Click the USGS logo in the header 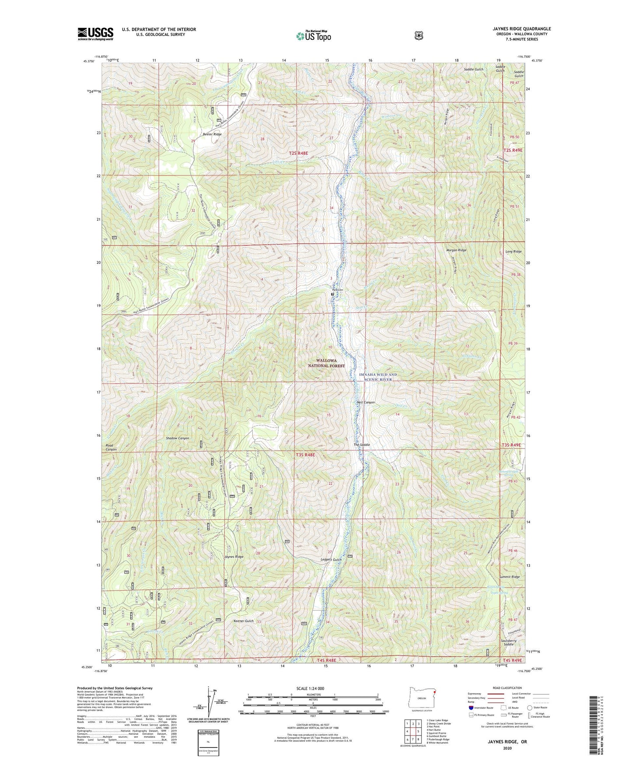[95, 34]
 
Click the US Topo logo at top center [313, 35]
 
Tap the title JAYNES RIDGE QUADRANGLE [515, 29]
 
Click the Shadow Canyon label [177, 438]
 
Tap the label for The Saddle [362, 445]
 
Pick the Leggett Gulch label [331, 560]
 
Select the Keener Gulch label [244, 621]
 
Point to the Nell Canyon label [366, 402]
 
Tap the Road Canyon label [112, 447]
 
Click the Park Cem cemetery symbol [332, 294]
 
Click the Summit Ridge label [510, 577]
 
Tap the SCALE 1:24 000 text [310, 688]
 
